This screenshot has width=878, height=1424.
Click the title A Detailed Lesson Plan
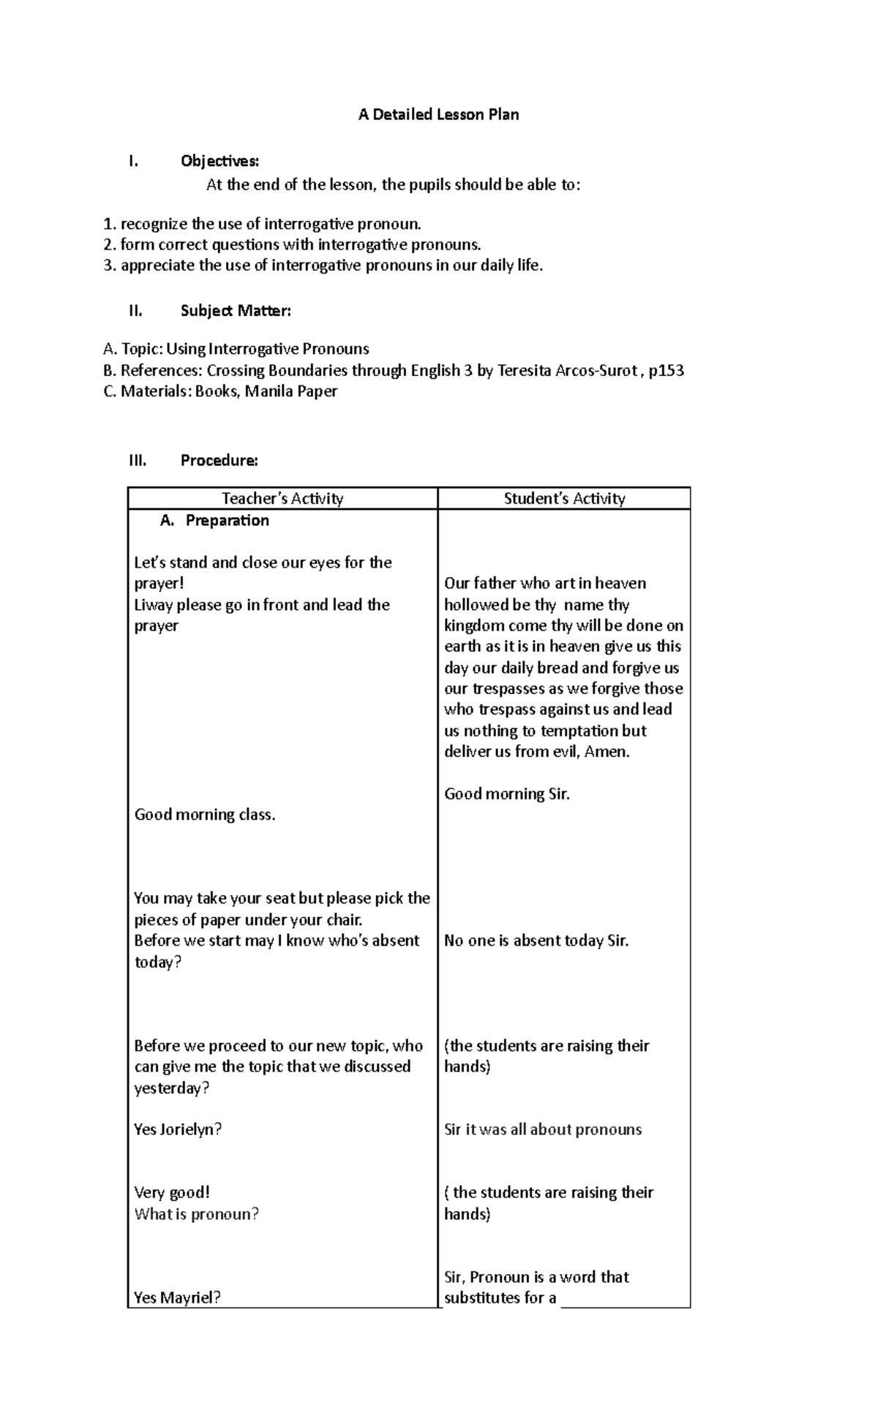438,115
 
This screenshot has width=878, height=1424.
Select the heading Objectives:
219,161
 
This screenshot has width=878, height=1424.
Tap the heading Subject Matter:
236,311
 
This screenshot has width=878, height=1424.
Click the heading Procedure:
219,461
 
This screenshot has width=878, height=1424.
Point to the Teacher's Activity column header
282,499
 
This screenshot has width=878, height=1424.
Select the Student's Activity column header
564,499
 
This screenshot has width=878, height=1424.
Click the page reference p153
667,371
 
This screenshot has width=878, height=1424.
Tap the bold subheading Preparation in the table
227,521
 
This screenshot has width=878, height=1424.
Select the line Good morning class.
205,815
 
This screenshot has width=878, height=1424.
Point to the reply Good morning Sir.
506,794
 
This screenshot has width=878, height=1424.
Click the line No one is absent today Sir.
536,941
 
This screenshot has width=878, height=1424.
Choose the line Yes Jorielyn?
178,1129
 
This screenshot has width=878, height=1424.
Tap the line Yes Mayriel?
177,1297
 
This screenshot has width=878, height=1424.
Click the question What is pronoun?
196,1214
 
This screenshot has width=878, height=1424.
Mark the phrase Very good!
172,1193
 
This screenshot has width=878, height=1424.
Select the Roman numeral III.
138,461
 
